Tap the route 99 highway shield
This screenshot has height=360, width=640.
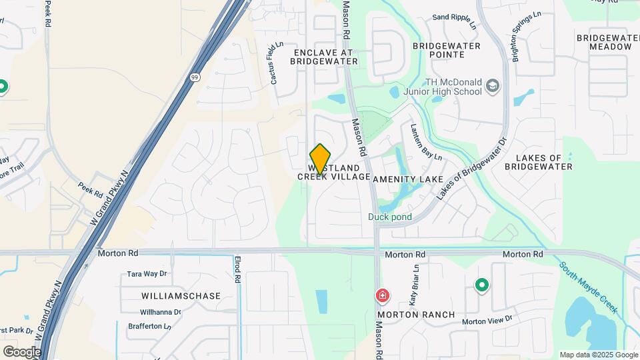click(x=194, y=77)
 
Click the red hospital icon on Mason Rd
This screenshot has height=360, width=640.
click(x=383, y=295)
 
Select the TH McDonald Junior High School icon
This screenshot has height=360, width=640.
click(x=493, y=86)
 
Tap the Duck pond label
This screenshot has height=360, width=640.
click(x=390, y=217)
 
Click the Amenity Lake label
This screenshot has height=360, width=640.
click(x=408, y=179)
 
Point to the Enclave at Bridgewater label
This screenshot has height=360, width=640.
click(x=324, y=56)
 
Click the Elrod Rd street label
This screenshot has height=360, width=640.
click(x=237, y=268)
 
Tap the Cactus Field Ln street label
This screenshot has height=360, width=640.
click(x=276, y=64)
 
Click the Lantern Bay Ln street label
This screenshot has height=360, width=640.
click(x=426, y=142)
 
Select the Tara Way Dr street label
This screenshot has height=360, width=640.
click(x=147, y=274)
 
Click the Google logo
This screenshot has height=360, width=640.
click(x=22, y=351)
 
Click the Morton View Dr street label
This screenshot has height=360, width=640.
click(x=487, y=320)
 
